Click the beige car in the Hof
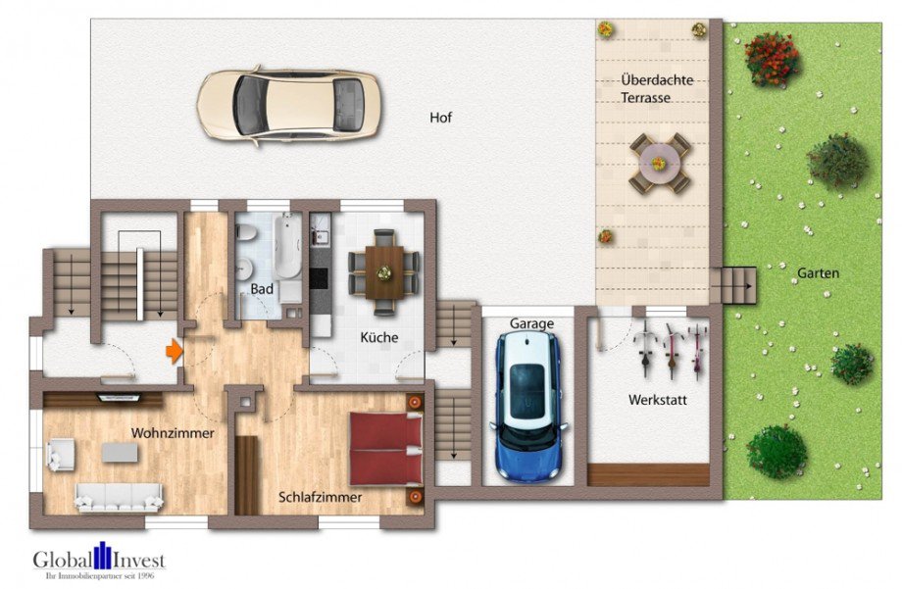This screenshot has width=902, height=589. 289,106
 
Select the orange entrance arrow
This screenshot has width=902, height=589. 175,351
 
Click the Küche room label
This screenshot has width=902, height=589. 379,337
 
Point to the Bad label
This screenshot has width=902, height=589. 262,289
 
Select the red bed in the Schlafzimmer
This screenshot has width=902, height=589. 386,449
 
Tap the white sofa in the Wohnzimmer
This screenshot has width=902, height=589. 119,498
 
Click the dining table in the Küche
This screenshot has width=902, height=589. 384,272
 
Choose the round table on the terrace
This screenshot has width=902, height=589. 659,164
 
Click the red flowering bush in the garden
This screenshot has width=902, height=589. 772,59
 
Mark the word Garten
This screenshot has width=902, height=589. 818,273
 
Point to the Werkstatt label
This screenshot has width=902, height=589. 658,400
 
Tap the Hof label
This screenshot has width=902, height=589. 440,118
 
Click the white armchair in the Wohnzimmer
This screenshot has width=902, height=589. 61,455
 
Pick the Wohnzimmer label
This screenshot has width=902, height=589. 173,433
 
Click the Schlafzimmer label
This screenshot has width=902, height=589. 320,497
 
